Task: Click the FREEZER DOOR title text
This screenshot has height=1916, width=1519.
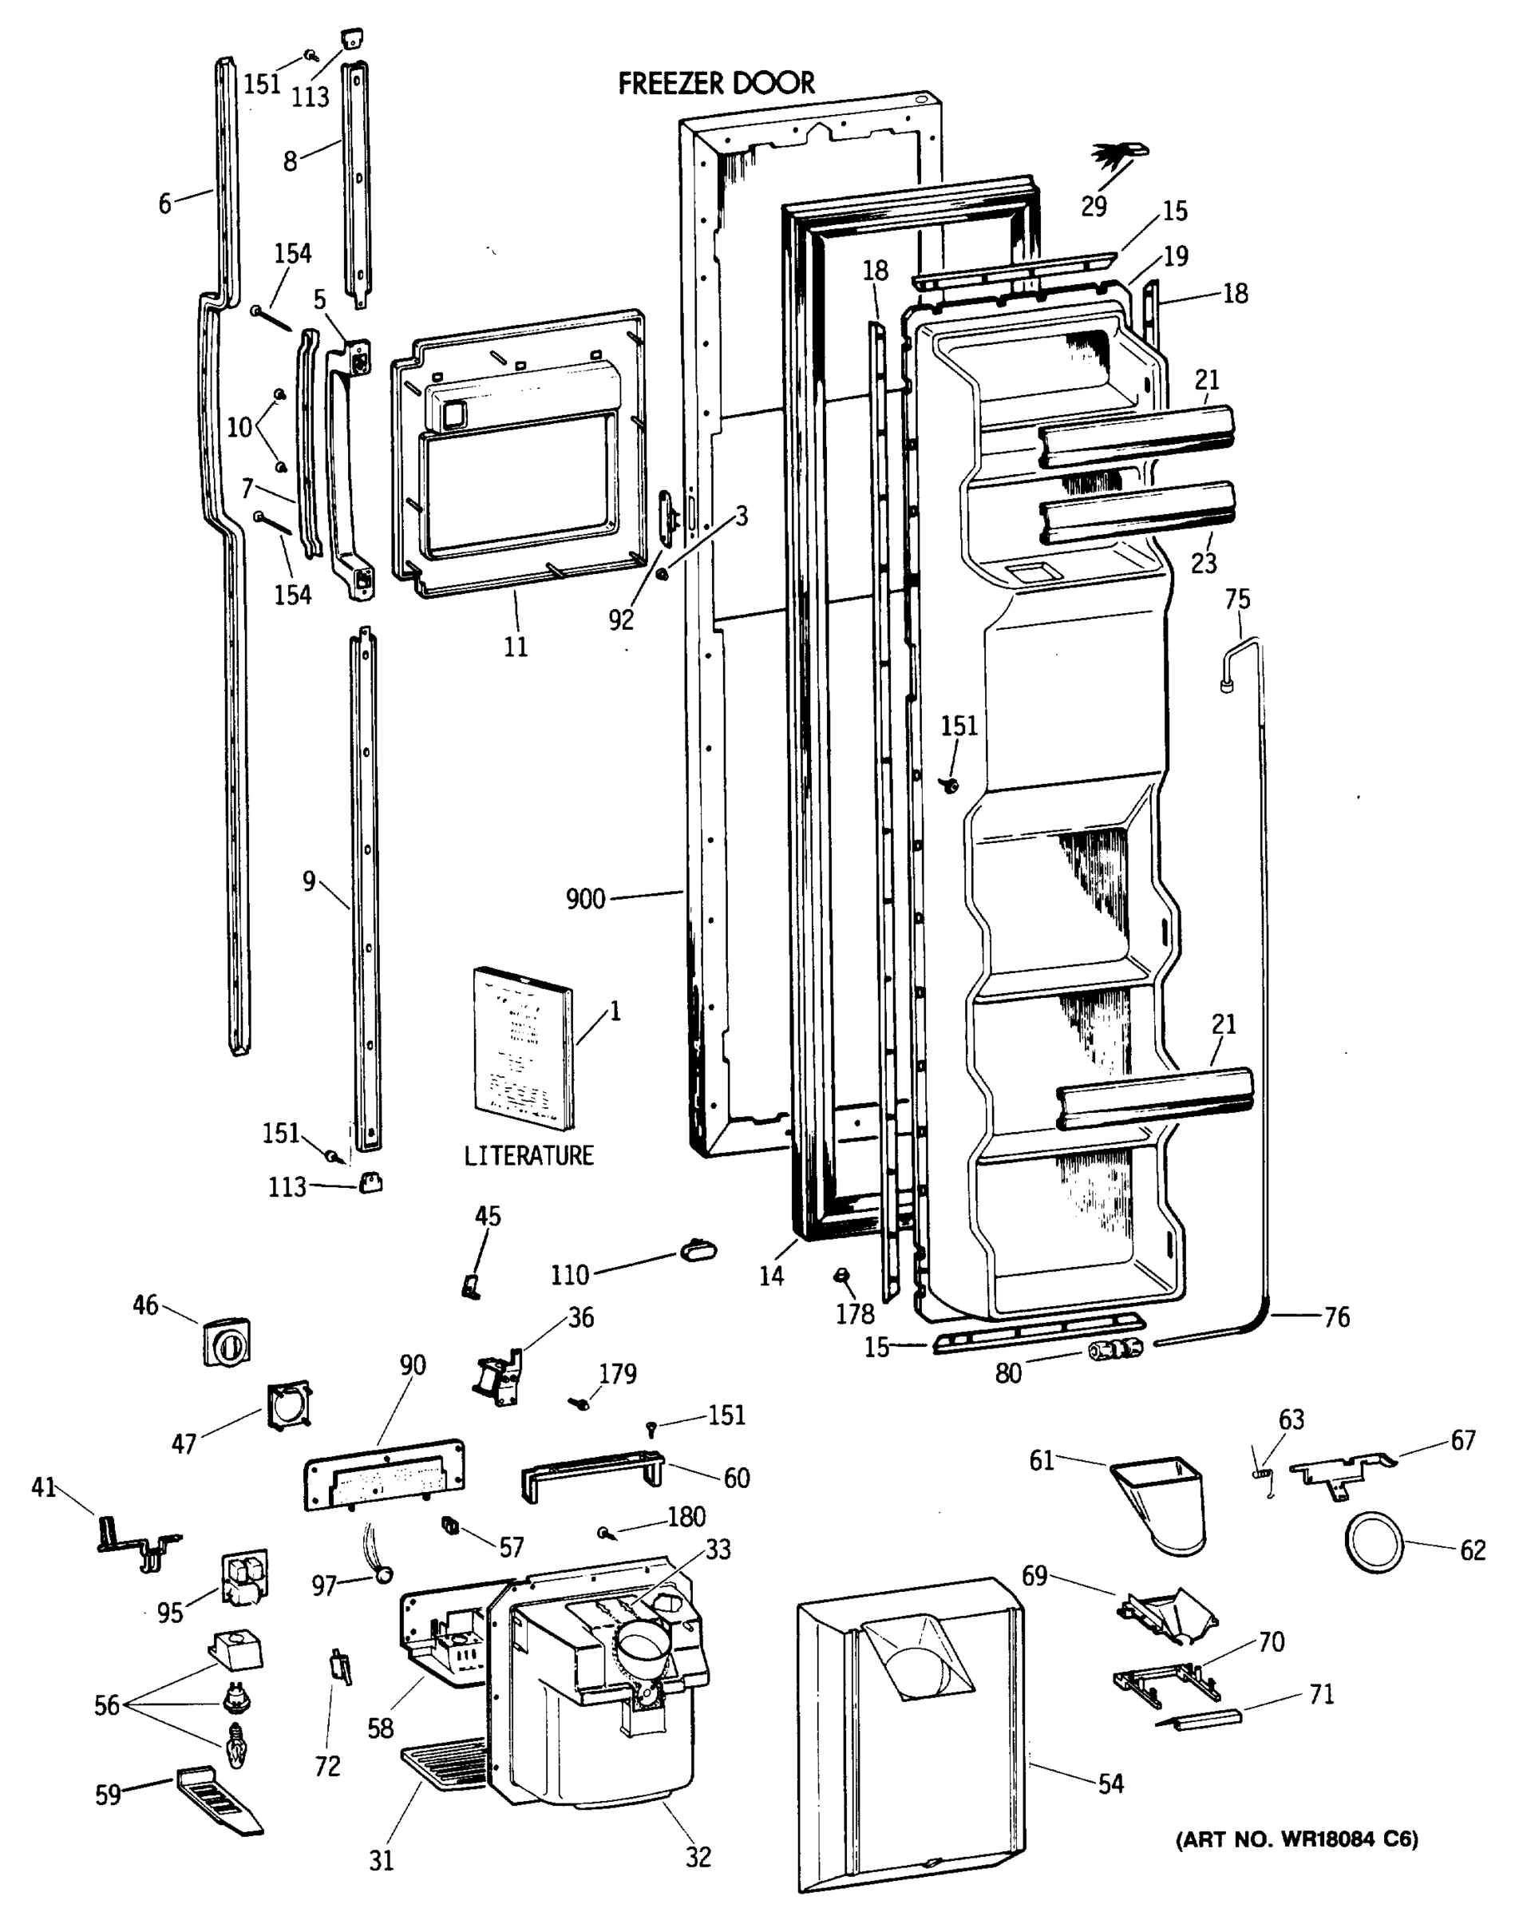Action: [716, 84]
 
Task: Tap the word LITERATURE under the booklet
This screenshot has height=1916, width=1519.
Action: [528, 1155]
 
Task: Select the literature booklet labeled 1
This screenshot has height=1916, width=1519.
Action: [523, 1049]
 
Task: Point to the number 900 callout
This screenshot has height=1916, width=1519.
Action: [585, 900]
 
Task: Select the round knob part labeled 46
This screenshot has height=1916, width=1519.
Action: [227, 1342]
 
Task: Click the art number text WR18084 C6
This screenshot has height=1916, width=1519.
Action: [1297, 1839]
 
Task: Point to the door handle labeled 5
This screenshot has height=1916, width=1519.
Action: [349, 471]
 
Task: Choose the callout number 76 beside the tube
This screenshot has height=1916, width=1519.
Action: [1336, 1317]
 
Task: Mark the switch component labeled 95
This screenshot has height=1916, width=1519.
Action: [243, 1580]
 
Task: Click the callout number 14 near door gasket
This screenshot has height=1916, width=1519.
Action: [771, 1277]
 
